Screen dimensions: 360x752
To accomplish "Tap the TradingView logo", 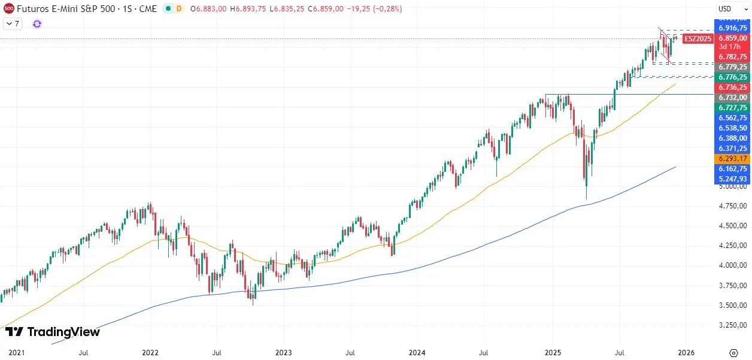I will coord(53,332).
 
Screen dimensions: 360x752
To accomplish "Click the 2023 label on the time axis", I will coord(283,353).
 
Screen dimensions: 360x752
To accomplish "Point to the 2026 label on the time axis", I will coord(686,353).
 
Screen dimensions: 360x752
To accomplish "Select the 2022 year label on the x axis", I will coord(150,353).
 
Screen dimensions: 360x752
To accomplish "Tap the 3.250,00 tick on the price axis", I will coord(733,325).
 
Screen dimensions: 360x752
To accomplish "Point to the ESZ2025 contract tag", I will coord(698,38).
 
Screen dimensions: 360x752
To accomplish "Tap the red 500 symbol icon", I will coord(9,9).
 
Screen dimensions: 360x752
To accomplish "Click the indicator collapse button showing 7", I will coord(13,24).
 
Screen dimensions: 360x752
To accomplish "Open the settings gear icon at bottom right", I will coord(733,353).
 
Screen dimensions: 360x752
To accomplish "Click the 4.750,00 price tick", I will coord(733,206).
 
